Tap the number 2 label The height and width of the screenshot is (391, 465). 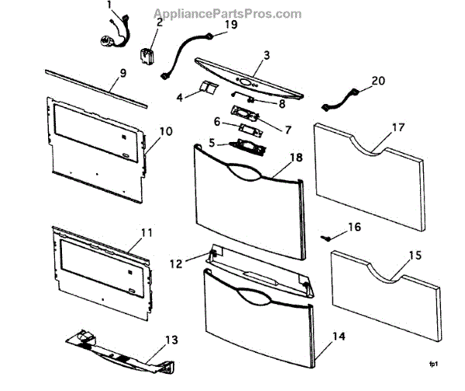pos(159,22)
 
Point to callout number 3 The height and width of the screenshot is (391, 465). pos(266,55)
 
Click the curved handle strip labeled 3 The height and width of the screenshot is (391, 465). pos(248,78)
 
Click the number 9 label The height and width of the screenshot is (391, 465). pos(122,75)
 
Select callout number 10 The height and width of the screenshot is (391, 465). pos(164,131)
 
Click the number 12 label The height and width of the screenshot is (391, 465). pos(176,264)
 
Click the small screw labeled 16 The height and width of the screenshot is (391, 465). pos(327,237)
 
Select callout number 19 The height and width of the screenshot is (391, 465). pos(231,24)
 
